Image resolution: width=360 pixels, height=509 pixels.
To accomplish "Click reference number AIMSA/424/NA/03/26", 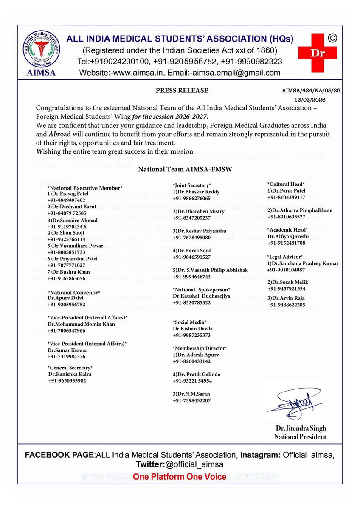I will tap(315, 90).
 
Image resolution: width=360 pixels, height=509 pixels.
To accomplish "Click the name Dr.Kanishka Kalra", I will tap(70, 374).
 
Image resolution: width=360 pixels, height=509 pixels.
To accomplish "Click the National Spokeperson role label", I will tap(201, 289).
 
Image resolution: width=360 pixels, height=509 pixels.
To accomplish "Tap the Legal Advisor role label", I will tap(284, 257).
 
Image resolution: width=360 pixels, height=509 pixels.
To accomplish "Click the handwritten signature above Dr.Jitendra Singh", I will tap(294, 401).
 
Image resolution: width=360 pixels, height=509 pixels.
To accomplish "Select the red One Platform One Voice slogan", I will tap(180, 477).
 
